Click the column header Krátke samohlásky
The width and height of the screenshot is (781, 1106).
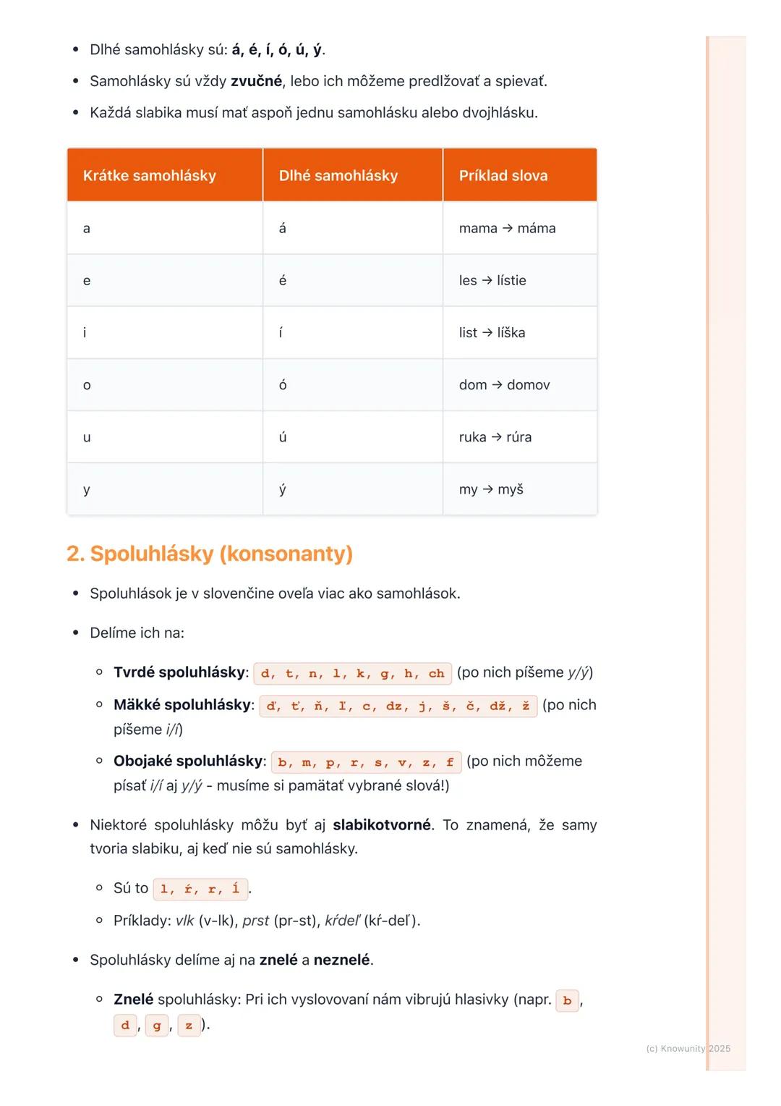(x=150, y=176)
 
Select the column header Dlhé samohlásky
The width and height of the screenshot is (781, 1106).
(x=338, y=176)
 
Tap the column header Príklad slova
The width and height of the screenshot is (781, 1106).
(x=503, y=176)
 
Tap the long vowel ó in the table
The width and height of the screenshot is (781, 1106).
(x=283, y=385)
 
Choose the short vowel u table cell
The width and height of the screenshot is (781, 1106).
(x=87, y=437)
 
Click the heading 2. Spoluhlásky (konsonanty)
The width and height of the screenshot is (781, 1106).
(x=210, y=554)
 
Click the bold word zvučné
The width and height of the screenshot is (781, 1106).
(x=256, y=81)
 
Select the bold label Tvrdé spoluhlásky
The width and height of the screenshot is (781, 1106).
(x=180, y=672)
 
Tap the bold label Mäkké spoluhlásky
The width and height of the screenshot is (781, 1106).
(x=182, y=705)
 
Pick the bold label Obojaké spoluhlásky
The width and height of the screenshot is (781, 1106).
(x=189, y=761)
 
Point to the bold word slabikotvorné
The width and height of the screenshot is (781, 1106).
(x=382, y=825)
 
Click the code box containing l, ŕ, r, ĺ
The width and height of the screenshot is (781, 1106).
(x=200, y=889)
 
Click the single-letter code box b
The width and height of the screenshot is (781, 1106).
(x=567, y=1000)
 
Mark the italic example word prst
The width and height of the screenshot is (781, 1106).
(x=255, y=921)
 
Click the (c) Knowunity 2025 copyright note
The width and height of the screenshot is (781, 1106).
(x=688, y=1049)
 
